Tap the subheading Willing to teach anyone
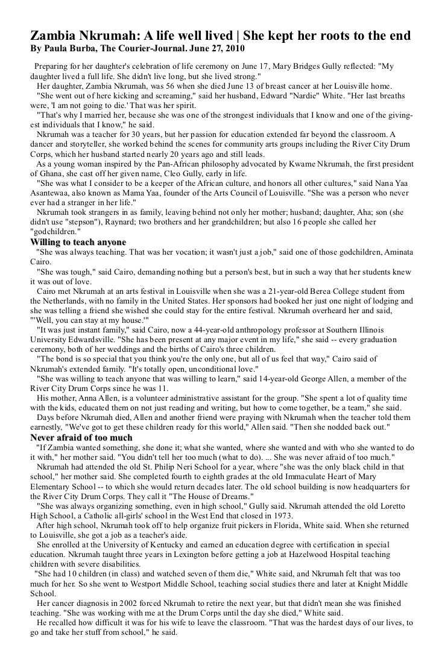point(78,242)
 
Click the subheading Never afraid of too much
point(81,437)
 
